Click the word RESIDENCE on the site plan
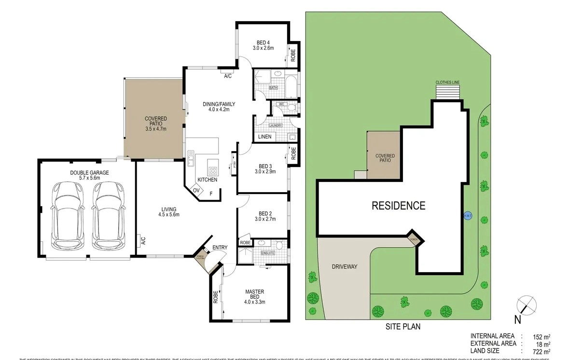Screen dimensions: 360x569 coord(398,206)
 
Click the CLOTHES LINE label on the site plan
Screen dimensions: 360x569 coord(447,83)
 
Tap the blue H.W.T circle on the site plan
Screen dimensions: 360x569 coord(467,216)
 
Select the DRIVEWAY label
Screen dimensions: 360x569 coord(344,267)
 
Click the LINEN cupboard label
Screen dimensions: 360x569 coord(264,137)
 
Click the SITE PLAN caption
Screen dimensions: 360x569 coord(402,327)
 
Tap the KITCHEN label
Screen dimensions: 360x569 coord(207,180)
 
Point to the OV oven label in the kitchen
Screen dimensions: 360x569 coord(196,191)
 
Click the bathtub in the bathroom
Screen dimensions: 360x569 coord(291,84)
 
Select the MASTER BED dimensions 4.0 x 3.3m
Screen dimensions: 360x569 coord(254,302)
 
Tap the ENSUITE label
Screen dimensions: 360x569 coord(267,253)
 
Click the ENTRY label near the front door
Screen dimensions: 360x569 coord(220,248)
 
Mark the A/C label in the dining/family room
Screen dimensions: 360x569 coord(228,76)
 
